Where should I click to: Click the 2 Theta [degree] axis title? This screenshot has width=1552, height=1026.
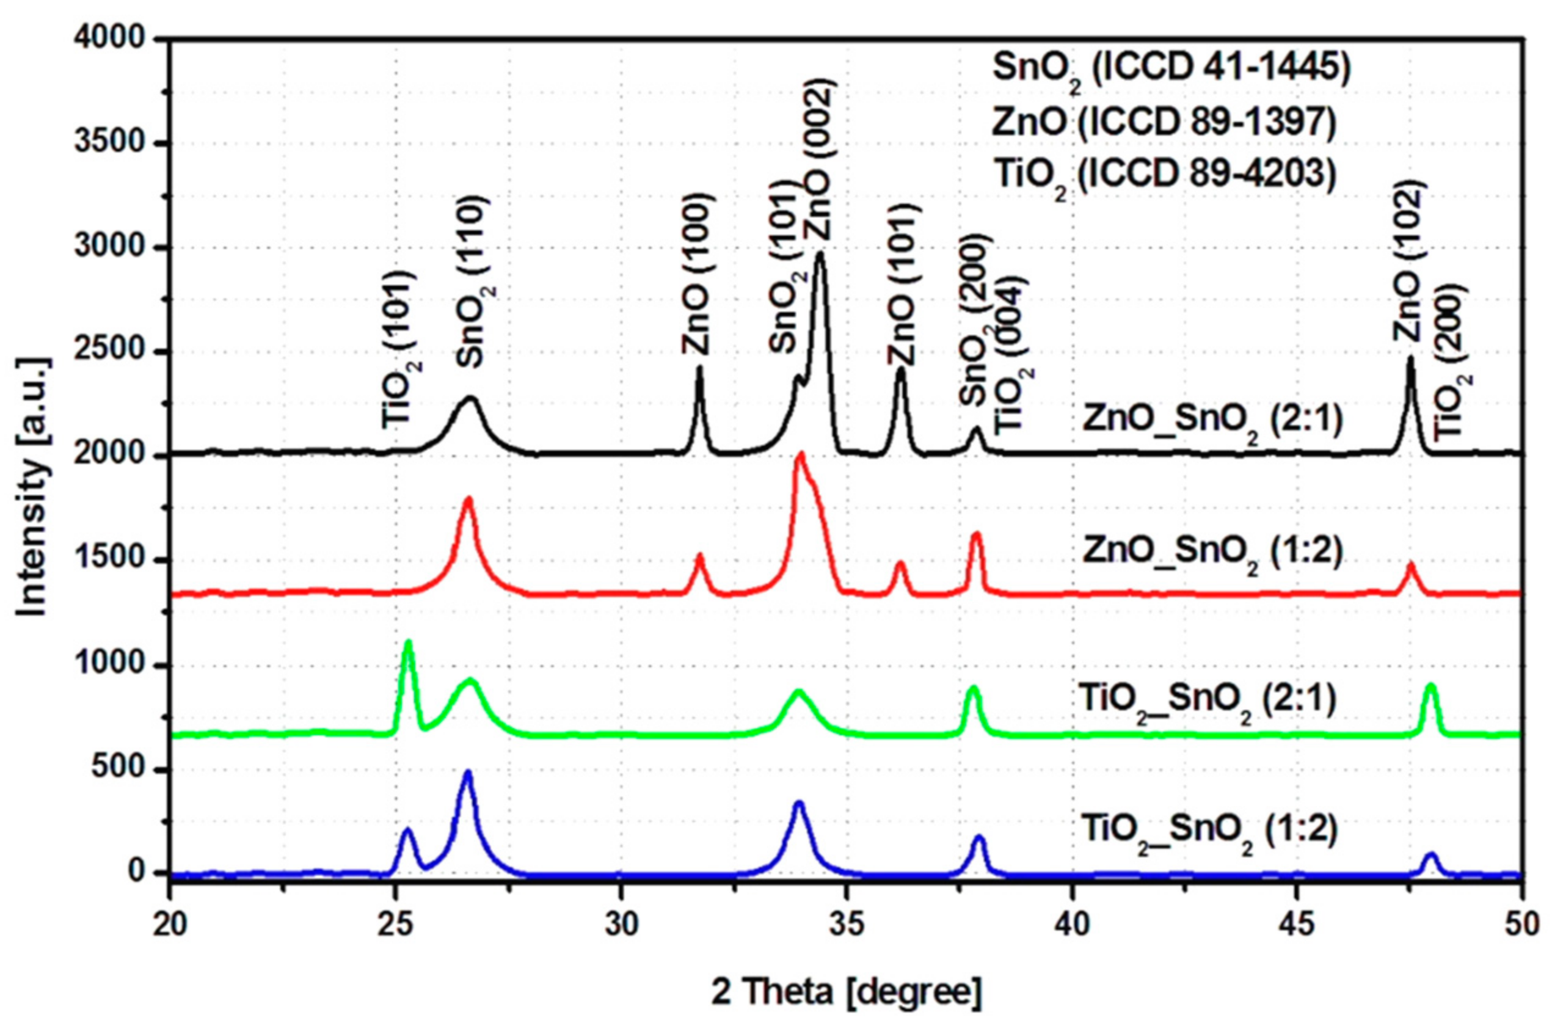pyautogui.click(x=847, y=992)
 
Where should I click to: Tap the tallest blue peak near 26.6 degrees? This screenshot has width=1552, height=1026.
pyautogui.click(x=467, y=773)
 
